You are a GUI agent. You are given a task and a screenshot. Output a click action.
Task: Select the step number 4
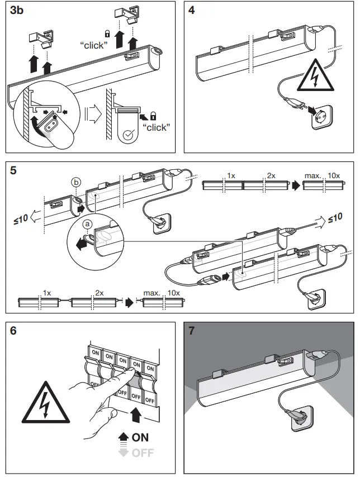192,12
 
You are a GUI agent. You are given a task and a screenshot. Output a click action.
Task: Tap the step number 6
14,331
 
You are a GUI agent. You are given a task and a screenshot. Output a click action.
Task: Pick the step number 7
192,331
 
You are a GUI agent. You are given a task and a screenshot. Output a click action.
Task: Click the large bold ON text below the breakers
141,437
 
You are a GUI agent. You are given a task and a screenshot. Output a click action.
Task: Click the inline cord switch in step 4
292,102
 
